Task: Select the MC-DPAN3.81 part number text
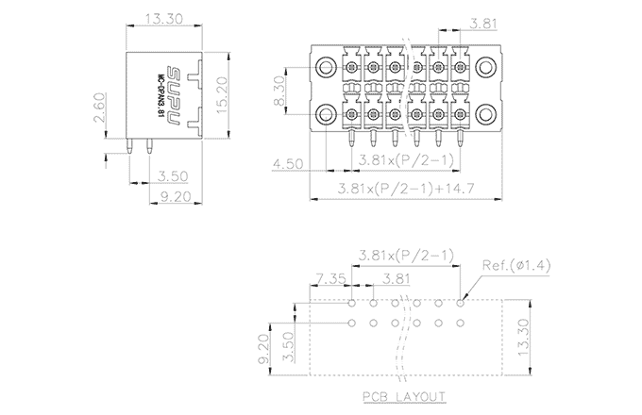(159, 95)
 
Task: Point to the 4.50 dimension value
(289, 163)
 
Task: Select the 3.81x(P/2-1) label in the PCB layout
(408, 255)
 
